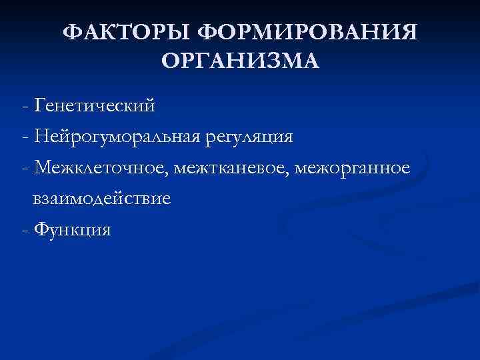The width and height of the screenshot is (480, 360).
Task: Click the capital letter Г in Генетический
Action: [38, 105]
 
